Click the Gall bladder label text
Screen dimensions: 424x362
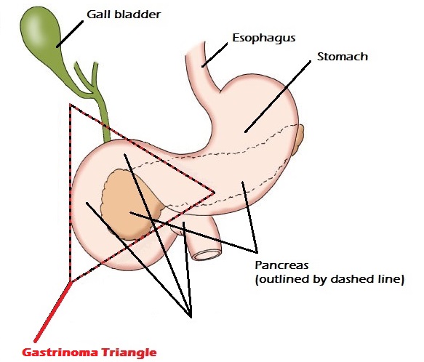124,15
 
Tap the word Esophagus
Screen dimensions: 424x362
264,38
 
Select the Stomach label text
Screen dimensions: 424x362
343,57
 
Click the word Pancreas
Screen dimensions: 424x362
281,265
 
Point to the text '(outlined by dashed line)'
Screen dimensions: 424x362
329,279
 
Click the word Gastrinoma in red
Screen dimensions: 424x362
60,353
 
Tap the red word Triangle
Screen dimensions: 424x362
129,353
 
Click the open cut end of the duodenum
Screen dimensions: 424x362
207,254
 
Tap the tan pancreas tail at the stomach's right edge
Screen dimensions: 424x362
299,140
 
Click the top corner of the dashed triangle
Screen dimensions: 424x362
70,104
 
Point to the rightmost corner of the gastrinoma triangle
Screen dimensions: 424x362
215,193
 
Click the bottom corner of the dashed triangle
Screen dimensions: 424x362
71,282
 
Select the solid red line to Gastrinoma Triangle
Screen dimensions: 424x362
53,312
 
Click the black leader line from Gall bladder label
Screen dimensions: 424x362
70,34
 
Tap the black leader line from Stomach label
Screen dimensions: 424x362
278,97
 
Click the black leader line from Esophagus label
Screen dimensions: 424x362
215,55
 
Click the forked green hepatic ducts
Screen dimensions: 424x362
86,78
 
